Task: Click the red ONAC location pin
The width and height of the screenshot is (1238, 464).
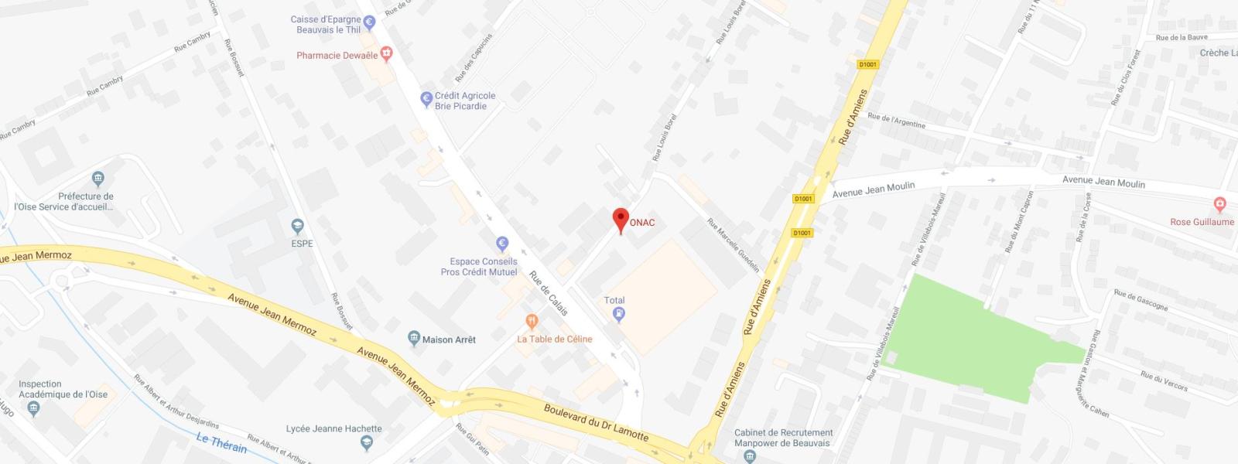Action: [x=620, y=219]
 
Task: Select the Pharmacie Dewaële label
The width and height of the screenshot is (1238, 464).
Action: [x=337, y=56]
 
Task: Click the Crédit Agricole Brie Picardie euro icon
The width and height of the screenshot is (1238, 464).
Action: [x=426, y=99]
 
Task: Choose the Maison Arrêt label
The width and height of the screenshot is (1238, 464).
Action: [x=449, y=339]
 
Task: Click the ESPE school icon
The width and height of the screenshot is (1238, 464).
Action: [x=297, y=227]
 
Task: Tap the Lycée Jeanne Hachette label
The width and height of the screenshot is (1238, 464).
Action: [x=333, y=428]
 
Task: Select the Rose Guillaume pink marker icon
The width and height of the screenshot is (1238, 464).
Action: [x=1220, y=205]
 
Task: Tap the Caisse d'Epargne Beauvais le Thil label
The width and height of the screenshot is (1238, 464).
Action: [x=326, y=25]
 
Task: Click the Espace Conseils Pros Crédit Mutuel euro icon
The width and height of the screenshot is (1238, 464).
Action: [x=501, y=243]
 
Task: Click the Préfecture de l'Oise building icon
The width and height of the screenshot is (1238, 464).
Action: [x=97, y=179]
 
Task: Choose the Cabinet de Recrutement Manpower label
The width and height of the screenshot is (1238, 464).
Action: [x=783, y=438]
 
